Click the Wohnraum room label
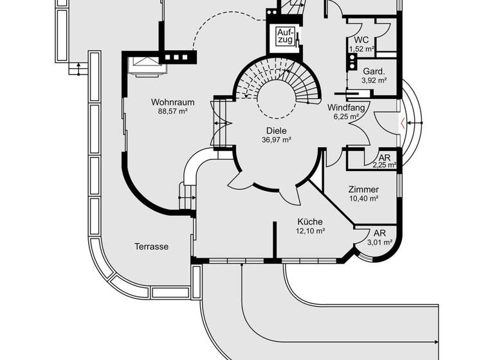pos(169,102)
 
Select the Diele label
pos(277,130)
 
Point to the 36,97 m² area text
pos(277,139)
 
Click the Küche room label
pos(309,222)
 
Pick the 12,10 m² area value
pos(309,231)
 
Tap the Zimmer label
pos(363,190)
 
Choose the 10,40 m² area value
pos(363,199)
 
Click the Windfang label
pos(345,107)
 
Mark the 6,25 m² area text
pos(345,116)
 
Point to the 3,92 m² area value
pos(373,80)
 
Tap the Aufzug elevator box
pos(285,37)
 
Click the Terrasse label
pos(152,246)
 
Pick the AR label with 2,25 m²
pos(384,157)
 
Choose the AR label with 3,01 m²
pos(380,233)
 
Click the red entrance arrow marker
pos(403,123)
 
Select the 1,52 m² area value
pos(361,49)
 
